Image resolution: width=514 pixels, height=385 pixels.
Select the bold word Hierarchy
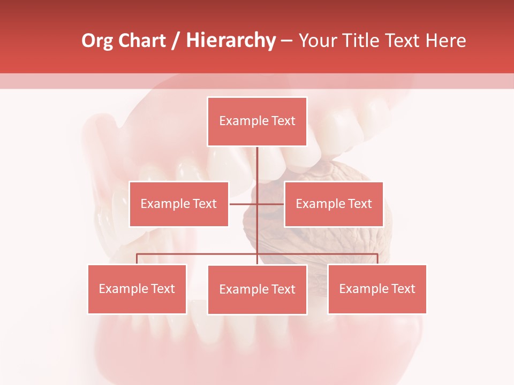pos(231,41)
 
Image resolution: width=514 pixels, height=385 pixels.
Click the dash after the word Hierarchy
pos(287,41)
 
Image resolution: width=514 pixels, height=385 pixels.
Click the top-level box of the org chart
pos(257,121)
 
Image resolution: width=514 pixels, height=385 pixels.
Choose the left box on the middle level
pos(179,204)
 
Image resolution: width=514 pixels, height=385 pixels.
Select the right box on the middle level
pos(334,204)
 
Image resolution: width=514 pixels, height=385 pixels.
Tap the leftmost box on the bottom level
pos(137,289)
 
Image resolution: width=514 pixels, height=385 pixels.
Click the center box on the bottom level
pos(257,289)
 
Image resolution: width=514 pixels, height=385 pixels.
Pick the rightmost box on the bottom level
pos(377,289)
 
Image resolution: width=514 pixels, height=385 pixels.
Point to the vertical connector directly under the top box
pos(257,164)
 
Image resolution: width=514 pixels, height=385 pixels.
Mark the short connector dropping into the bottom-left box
pos(137,259)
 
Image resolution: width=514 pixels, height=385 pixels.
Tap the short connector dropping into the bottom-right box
pos(377,259)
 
